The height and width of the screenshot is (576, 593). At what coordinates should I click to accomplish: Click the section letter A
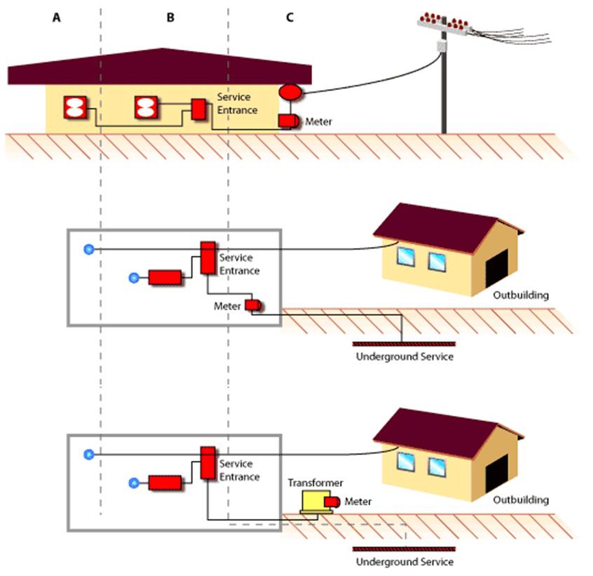pos(56,18)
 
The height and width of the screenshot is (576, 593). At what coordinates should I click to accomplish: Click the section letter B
pos(170,18)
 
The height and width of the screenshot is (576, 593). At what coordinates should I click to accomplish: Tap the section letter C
pos(289,18)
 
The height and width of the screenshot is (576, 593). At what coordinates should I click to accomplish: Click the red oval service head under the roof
pos(291,92)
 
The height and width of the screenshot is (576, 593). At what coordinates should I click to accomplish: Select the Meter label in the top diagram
pos(318,121)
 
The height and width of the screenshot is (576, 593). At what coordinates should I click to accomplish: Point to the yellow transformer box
pos(316,502)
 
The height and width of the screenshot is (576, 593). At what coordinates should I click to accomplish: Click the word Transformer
pos(315,483)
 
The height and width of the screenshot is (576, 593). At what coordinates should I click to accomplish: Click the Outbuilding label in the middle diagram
pos(521,295)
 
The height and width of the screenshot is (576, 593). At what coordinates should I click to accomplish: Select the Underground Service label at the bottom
pos(404,562)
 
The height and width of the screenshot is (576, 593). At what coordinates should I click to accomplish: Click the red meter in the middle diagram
pos(253,305)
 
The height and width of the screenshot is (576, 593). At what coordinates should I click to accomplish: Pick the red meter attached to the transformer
pos(332,502)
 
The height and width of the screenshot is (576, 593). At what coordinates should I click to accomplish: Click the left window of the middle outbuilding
pos(406,256)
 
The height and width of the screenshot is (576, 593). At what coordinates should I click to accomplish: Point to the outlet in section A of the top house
pos(75,107)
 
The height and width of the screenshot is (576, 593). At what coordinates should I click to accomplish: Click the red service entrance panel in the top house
pos(198,109)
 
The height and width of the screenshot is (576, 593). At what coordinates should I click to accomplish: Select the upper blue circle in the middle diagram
pos(89,249)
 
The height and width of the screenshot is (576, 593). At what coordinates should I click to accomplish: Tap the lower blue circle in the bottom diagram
pos(134,483)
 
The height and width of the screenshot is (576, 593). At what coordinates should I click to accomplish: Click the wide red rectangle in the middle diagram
pos(165,277)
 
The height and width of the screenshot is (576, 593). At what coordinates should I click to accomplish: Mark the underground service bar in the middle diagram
pos(404,344)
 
